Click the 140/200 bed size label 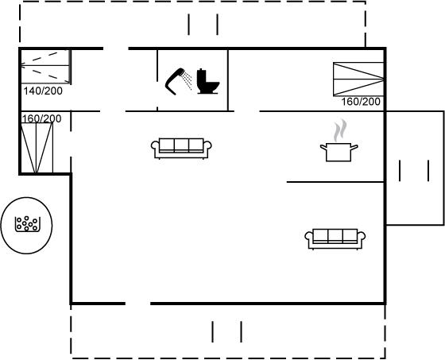pyautogui.click(x=43, y=91)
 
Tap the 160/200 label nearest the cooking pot pyautogui.click(x=361, y=102)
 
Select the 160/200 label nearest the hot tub pyautogui.click(x=41, y=118)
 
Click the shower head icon pyautogui.click(x=178, y=82)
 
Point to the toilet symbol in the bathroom pyautogui.click(x=208, y=81)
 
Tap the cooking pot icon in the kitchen pyautogui.click(x=339, y=152)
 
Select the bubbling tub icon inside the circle pyautogui.click(x=27, y=224)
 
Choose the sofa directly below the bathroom pyautogui.click(x=181, y=148)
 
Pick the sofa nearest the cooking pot pyautogui.click(x=335, y=239)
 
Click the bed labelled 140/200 pyautogui.click(x=45, y=66)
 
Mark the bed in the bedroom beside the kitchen pyautogui.click(x=358, y=79)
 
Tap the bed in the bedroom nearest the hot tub pyautogui.click(x=37, y=148)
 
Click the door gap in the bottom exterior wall pyautogui.click(x=137, y=304)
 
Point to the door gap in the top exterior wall pyautogui.click(x=116, y=48)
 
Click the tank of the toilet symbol pyautogui.click(x=201, y=75)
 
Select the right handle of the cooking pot pyautogui.click(x=354, y=147)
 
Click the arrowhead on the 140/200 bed pyautogui.click(x=23, y=66)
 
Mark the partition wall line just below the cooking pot pyautogui.click(x=335, y=182)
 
